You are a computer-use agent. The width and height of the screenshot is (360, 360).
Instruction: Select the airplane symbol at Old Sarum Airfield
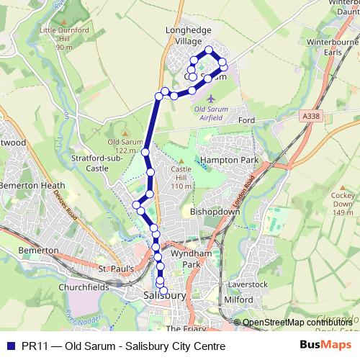pos(210,97)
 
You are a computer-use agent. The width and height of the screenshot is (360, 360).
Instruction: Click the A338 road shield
pos(311,114)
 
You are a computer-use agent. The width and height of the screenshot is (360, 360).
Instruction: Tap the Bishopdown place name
pos(215,212)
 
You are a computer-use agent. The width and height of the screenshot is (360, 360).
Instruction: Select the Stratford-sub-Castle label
pos(90,163)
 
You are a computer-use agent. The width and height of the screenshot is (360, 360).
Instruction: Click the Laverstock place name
pos(250,284)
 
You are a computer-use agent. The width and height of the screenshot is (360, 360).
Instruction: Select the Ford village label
pos(247,120)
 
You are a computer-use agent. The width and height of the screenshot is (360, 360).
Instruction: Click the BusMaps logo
pos(331,346)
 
